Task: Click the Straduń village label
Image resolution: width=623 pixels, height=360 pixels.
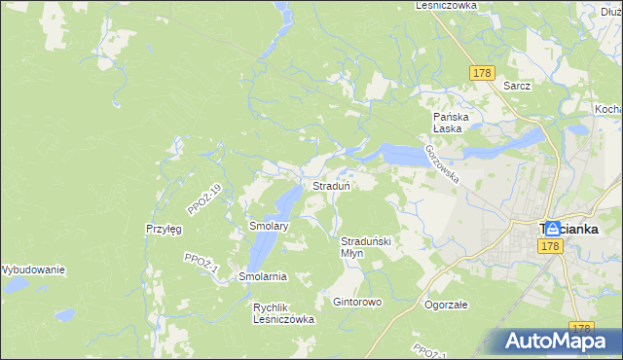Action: tap(331, 185)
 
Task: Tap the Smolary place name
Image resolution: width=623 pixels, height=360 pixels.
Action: tap(270, 226)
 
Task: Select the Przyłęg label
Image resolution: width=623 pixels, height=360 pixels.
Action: tap(164, 230)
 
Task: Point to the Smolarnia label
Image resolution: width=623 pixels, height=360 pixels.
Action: tap(263, 276)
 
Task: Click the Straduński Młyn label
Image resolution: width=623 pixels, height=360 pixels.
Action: tap(365, 246)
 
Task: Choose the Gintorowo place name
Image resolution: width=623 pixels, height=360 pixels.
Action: tap(357, 302)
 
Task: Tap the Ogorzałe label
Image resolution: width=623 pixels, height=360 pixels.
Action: tap(446, 304)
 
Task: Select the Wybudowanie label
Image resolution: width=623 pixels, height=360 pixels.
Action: tap(31, 270)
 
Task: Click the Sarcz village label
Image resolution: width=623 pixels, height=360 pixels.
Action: tap(517, 85)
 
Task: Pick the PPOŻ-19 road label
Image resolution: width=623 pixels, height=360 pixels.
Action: tap(205, 198)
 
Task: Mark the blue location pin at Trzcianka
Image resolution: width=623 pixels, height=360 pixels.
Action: tap(552, 227)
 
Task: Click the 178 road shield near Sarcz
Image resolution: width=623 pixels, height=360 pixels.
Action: tap(482, 73)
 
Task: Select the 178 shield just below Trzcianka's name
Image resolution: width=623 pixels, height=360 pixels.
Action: tap(551, 247)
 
